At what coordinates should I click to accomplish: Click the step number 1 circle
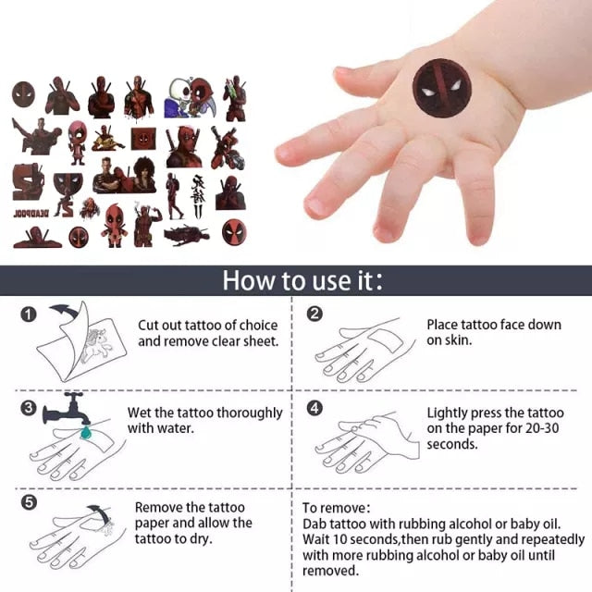tap(29, 314)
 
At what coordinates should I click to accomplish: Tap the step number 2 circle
tap(314, 314)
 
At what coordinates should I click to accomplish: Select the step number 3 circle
tap(29, 408)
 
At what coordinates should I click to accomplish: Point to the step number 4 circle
tap(314, 408)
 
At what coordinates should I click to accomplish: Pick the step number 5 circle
tap(29, 502)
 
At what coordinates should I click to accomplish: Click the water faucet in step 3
tap(66, 409)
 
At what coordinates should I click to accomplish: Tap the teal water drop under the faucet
tap(86, 433)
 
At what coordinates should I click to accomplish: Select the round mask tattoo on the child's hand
tap(442, 89)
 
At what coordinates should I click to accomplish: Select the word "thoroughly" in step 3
tap(250, 413)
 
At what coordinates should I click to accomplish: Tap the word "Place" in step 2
tap(442, 325)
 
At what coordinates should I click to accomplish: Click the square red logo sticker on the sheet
tap(143, 139)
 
